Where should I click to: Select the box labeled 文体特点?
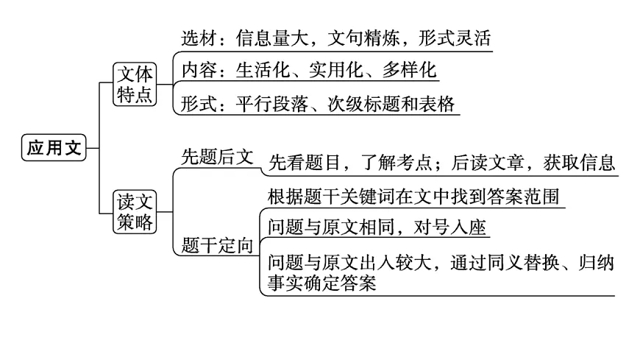coord(136,85)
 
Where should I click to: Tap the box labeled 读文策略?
coord(136,211)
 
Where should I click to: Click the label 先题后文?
coord(217,157)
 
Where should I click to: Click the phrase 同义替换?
coord(526,262)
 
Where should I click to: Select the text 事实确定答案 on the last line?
coord(321,283)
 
